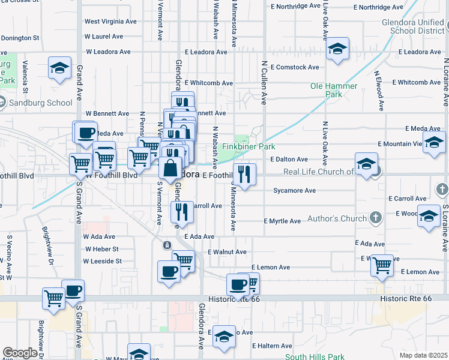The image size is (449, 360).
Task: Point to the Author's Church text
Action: pyautogui.click(x=336, y=218)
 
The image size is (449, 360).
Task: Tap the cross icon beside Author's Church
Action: pyautogui.click(x=376, y=217)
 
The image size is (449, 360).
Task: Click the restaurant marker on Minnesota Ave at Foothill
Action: pyautogui.click(x=244, y=174)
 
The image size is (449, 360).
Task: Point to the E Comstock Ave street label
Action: pyautogui.click(x=295, y=67)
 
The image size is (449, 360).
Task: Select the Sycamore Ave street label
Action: pyautogui.click(x=294, y=191)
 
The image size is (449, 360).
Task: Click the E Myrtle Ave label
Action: pyautogui.click(x=282, y=221)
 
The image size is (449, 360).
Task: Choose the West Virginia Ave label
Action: pyautogui.click(x=110, y=22)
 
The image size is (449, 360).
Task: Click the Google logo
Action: pyautogui.click(x=20, y=353)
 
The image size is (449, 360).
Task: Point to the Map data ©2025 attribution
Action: pyautogui.click(x=423, y=355)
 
